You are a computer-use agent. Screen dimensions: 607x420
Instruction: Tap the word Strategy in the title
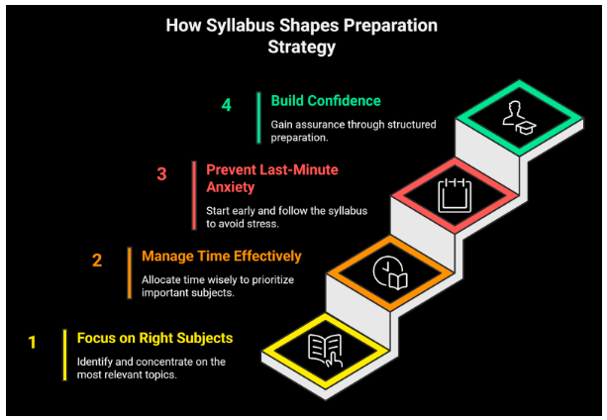coord(302,48)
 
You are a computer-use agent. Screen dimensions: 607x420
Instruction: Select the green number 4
coord(227,105)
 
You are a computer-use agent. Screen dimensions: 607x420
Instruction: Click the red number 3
coord(161,174)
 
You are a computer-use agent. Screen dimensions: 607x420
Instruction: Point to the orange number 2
coord(97,261)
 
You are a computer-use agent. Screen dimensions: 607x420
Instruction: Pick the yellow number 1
coord(32,342)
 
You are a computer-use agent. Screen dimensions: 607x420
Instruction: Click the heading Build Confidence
coord(326,101)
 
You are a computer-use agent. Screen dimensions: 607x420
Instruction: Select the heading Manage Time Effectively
coord(222,257)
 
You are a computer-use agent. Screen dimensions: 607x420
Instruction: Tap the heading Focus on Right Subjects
coord(154,339)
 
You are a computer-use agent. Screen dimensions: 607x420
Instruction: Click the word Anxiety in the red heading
coord(231,187)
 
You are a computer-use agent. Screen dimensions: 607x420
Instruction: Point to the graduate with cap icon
coord(519,118)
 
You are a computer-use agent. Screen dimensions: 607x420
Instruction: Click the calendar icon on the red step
coord(455,195)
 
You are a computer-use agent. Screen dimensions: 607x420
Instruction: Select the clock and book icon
coord(390,272)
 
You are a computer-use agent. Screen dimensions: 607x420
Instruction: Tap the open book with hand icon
coord(325,351)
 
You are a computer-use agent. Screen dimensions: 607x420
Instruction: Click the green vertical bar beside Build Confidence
coord(258,118)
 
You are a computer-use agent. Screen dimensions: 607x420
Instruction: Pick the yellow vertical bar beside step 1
coord(64,355)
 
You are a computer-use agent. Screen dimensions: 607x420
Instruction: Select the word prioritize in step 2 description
coord(273,280)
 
